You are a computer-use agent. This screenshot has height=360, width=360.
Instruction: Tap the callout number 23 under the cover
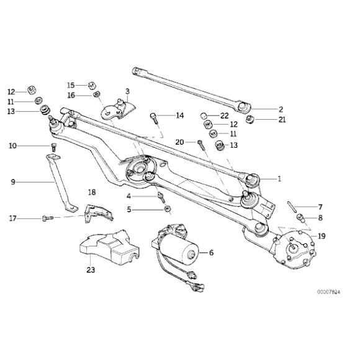[91, 270]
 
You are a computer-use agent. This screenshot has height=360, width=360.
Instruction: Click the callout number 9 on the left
[12, 182]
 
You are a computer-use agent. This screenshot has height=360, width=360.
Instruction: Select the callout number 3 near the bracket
[127, 91]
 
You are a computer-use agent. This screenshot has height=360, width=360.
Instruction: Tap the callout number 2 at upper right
[281, 109]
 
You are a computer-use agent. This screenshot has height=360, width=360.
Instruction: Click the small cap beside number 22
[203, 115]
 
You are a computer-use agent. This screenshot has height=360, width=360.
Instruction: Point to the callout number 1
[279, 179]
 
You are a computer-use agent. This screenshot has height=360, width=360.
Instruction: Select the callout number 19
[321, 236]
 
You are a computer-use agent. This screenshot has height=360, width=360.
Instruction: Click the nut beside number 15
[91, 85]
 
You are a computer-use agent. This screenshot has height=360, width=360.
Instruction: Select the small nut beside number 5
[161, 210]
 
